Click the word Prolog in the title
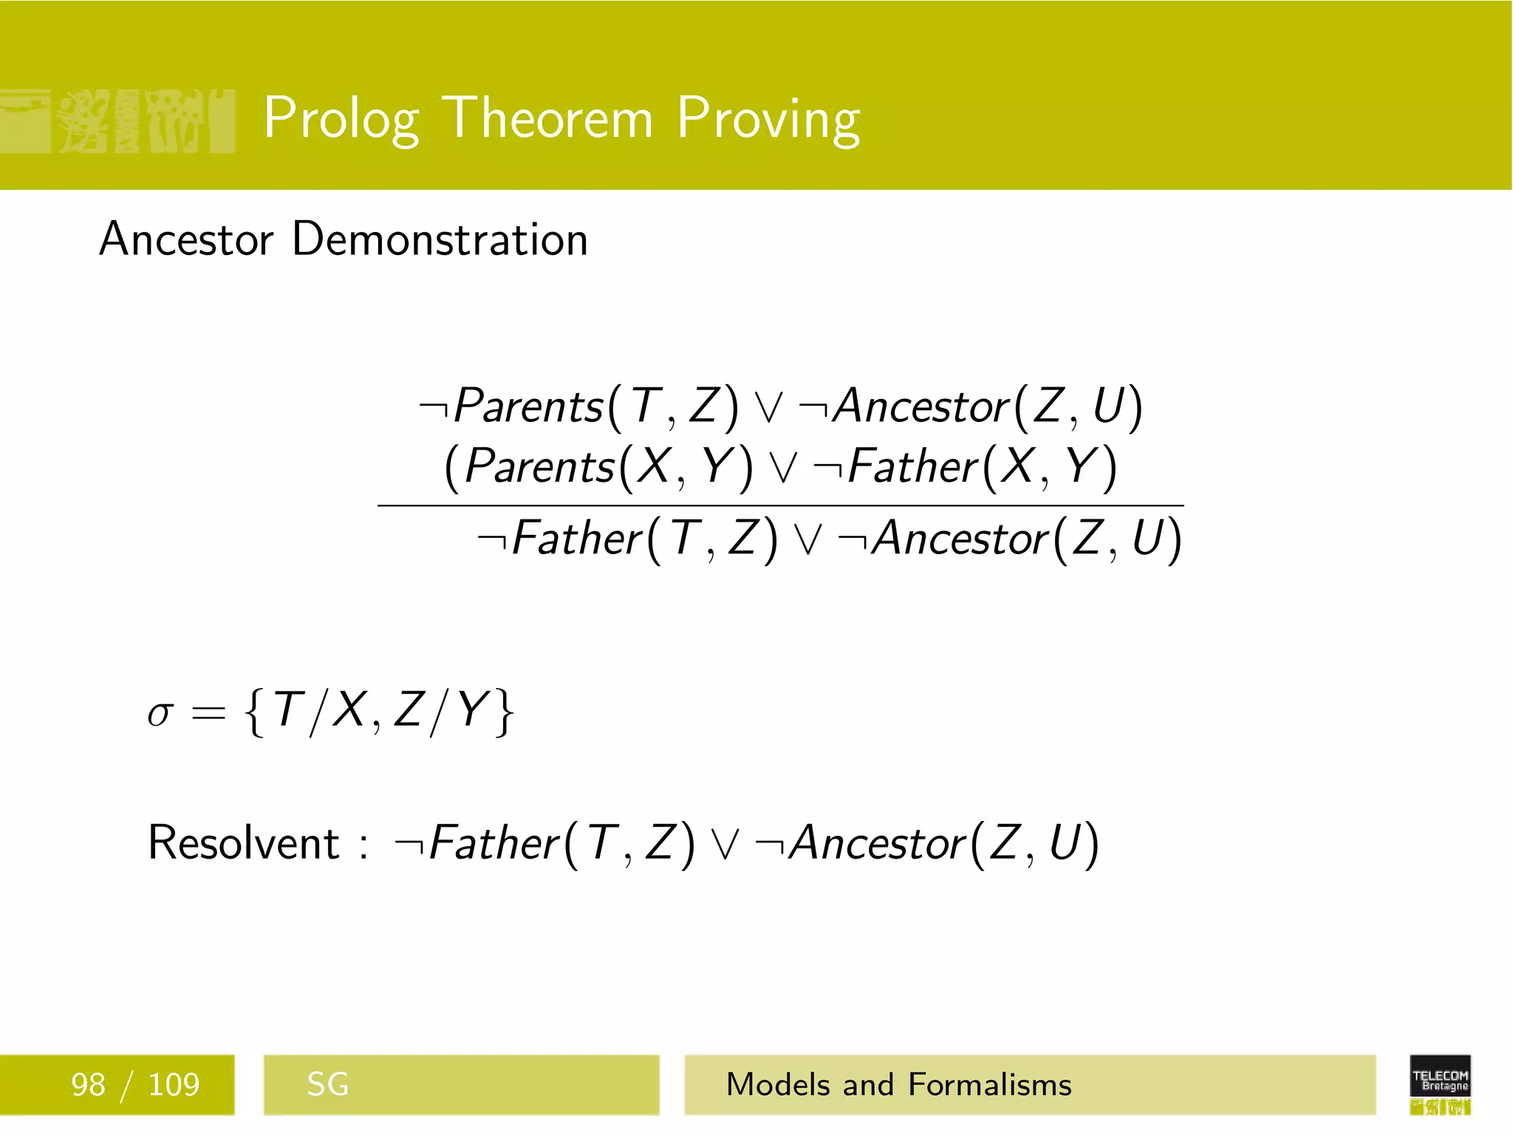pos(341,118)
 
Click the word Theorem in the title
pos(550,118)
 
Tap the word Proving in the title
pos(768,118)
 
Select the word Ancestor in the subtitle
pos(186,239)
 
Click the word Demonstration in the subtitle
pos(440,239)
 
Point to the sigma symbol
pos(160,714)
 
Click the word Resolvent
pos(243,842)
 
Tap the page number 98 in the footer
pos(88,1085)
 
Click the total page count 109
pos(174,1085)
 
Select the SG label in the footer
pos(327,1085)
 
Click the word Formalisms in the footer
pos(989,1085)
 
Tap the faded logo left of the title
pos(118,121)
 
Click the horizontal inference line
pos(780,506)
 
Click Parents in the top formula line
pos(528,406)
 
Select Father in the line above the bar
pos(912,467)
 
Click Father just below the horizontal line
pos(576,539)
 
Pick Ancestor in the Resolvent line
pos(878,843)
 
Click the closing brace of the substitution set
pos(505,712)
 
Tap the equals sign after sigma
pos(208,714)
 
